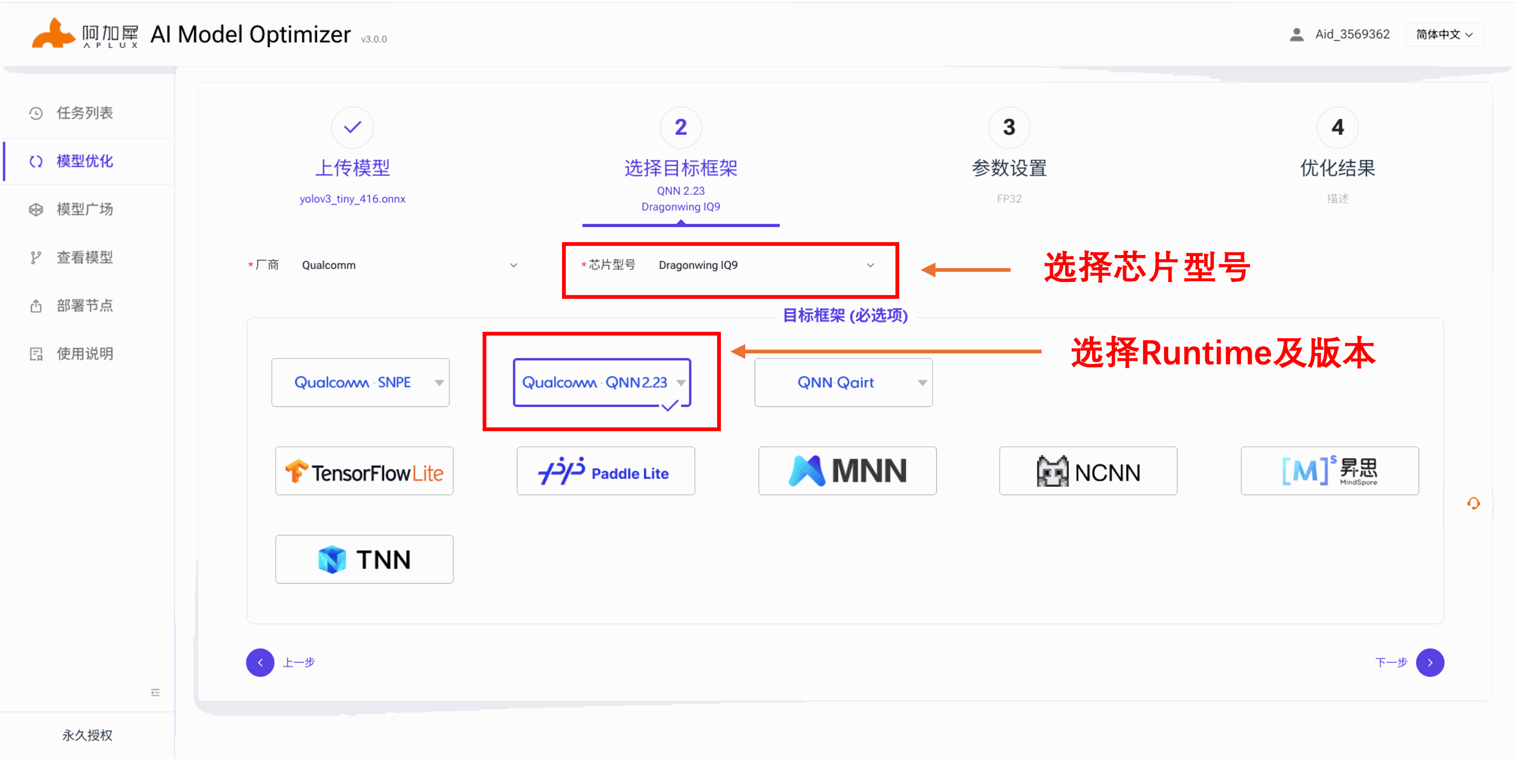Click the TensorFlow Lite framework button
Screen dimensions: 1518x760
(364, 472)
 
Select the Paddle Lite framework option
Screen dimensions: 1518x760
(606, 472)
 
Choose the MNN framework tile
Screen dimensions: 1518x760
(847, 472)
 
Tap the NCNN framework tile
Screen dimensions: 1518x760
(1088, 472)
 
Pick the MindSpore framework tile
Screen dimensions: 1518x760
(1330, 472)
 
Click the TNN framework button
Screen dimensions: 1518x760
(364, 560)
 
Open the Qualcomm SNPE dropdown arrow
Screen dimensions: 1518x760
(439, 383)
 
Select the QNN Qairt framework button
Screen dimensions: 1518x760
(843, 383)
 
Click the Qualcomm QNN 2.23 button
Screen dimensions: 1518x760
(601, 383)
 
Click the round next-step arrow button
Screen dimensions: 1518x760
(1430, 663)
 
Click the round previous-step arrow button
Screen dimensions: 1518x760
(260, 663)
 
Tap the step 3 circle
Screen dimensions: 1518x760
(1009, 127)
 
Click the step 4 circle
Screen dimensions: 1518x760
(1338, 127)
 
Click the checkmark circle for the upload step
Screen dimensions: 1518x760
(352, 127)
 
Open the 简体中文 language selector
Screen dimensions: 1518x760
(1445, 35)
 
